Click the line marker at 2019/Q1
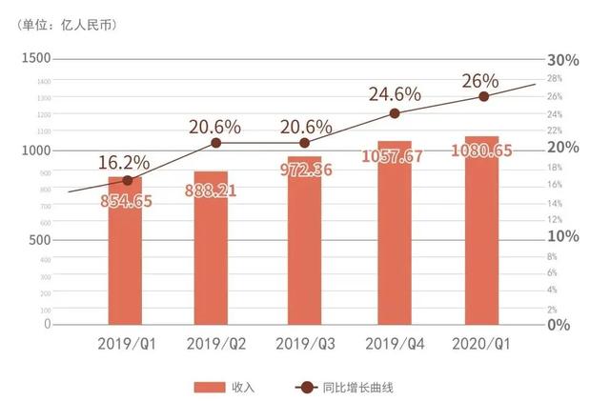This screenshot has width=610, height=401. coord(127,180)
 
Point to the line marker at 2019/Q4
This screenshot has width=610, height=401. coord(395,113)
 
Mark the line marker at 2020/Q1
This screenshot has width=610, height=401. coord(483,96)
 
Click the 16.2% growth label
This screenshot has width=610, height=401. coord(123,162)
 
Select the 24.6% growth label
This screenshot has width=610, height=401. coord(395,93)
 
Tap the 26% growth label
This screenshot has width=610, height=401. coord(483,78)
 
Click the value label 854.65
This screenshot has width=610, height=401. coord(126,200)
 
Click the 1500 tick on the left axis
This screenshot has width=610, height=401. coord(35,59)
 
